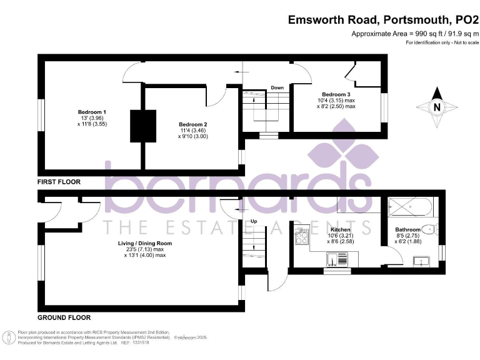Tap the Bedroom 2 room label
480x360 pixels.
click(192, 124)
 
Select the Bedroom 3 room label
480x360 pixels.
click(336, 94)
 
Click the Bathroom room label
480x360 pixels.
click(408, 229)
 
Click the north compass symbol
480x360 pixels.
click(437, 107)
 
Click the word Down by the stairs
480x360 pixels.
click(277, 88)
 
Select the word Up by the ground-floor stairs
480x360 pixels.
click(254, 221)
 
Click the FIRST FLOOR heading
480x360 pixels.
click(59, 182)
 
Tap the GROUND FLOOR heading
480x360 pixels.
click(64, 317)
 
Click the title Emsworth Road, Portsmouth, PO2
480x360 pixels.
click(382, 19)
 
